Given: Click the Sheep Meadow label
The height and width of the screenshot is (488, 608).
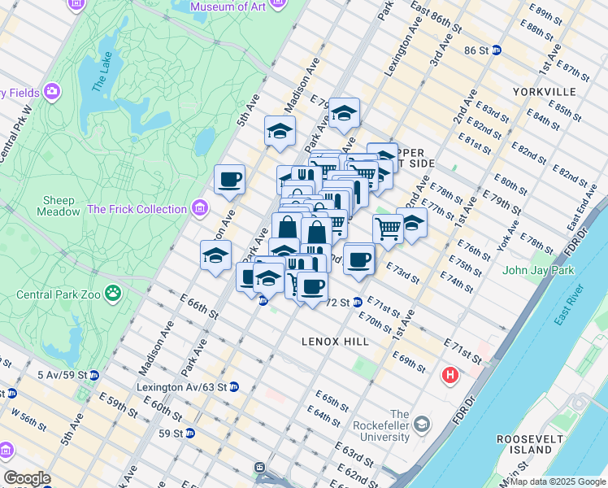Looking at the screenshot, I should coord(59,206).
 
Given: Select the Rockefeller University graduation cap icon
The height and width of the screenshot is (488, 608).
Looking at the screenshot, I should coord(422,424).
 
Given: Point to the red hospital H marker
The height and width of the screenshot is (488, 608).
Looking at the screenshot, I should coord(449,376).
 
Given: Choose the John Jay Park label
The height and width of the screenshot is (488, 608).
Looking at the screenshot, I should coord(538,270).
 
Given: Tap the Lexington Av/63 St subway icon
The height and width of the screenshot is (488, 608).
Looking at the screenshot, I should coord(233,386).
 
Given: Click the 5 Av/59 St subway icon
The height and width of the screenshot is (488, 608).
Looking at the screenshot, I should coord(94,375).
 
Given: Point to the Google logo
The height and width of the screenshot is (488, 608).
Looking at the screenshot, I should coord(27,478).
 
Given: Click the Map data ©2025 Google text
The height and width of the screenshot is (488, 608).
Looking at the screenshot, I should coord(556,481).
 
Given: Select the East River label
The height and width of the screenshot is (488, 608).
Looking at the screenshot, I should coord(570,306).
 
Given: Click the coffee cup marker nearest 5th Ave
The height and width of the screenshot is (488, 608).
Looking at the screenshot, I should coord(229,179).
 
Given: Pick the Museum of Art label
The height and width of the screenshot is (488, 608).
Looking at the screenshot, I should coord(229,7).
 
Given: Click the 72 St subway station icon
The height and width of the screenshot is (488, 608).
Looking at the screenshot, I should coord(358,303).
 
